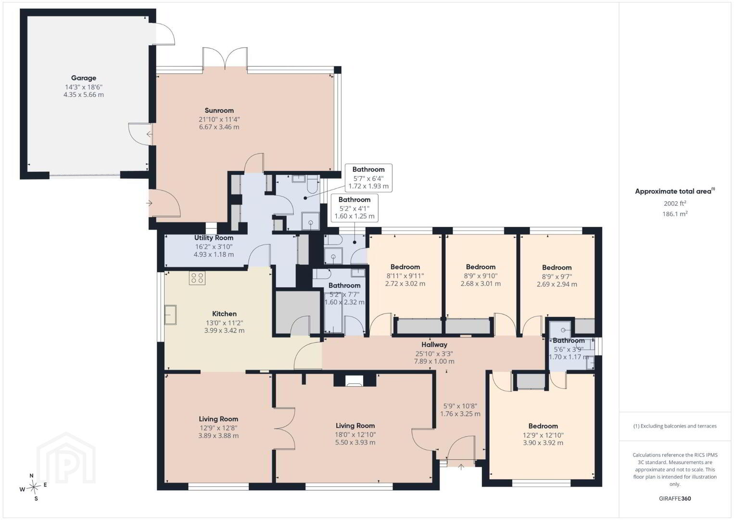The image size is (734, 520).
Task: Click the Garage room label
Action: point(84,78)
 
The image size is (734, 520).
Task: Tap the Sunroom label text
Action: point(219,111)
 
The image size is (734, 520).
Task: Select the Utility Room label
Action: point(214,238)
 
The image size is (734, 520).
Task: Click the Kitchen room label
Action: point(224,314)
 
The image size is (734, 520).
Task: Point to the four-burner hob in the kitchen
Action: point(197,277)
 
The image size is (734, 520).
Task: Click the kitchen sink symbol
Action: point(170,314)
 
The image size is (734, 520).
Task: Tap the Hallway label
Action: point(434,345)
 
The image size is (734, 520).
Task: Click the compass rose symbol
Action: point(33,487)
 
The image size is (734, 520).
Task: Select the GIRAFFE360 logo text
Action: point(675,499)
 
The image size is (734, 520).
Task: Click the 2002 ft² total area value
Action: point(675,203)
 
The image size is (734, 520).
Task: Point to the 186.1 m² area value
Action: point(675,214)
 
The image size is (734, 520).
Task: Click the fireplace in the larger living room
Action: point(354,380)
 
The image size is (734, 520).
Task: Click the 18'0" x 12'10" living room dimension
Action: point(355,435)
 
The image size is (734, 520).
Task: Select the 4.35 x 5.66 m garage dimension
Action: point(84,95)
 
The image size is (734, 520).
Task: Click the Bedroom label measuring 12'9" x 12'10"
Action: point(543,426)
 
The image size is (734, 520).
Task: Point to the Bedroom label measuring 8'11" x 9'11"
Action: point(405,267)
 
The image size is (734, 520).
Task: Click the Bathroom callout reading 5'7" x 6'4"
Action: point(368,178)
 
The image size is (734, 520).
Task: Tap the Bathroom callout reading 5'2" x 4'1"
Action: point(354,208)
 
